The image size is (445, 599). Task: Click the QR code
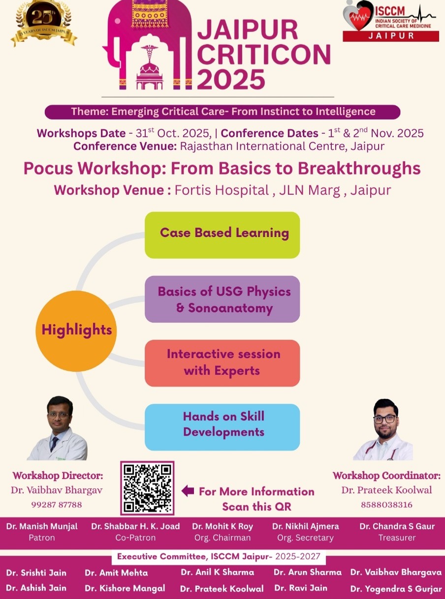(x=147, y=488)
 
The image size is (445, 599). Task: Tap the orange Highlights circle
(x=76, y=331)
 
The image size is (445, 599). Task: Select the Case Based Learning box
(x=222, y=235)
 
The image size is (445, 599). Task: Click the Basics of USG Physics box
(x=222, y=299)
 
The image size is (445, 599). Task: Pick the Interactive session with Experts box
(x=222, y=363)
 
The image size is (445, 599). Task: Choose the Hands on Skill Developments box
(x=222, y=427)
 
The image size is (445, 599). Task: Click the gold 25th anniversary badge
(x=44, y=23)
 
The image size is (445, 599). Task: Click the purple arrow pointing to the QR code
(x=188, y=491)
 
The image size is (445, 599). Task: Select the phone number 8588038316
(x=386, y=505)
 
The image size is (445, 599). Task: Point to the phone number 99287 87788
(x=57, y=505)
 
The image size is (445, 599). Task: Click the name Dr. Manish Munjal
(x=42, y=526)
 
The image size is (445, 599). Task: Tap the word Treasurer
(x=397, y=538)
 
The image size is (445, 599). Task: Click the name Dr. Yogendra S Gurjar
(x=396, y=589)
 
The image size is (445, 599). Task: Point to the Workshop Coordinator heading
(x=386, y=476)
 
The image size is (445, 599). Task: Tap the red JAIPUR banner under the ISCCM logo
(x=391, y=36)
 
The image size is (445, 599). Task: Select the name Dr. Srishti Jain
(x=36, y=572)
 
